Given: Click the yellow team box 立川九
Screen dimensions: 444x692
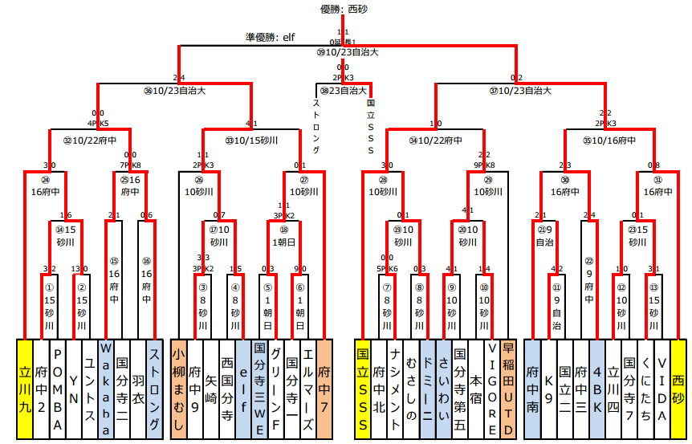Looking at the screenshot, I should [25, 389].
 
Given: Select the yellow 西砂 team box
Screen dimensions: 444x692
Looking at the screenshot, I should [678, 389].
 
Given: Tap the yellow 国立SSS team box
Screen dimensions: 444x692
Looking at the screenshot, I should [362, 389].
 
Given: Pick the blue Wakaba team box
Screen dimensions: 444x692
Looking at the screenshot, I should [106, 389].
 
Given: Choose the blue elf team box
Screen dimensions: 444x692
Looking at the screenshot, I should [243, 389].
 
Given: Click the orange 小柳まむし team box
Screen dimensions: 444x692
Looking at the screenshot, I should [178, 389].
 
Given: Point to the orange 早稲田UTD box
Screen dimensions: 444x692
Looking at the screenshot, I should [508, 389].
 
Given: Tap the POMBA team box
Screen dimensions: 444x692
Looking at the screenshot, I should [57, 389].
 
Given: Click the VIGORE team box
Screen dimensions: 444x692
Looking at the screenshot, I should [492, 389].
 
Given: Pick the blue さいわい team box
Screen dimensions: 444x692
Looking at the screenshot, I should [444, 389].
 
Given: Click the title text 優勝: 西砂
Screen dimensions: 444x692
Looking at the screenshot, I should [344, 9].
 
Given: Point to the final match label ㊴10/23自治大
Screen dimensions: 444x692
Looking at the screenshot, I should [348, 51].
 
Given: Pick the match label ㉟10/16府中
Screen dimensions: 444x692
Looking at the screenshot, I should [609, 140].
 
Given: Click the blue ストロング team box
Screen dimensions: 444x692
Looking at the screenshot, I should [155, 389].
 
